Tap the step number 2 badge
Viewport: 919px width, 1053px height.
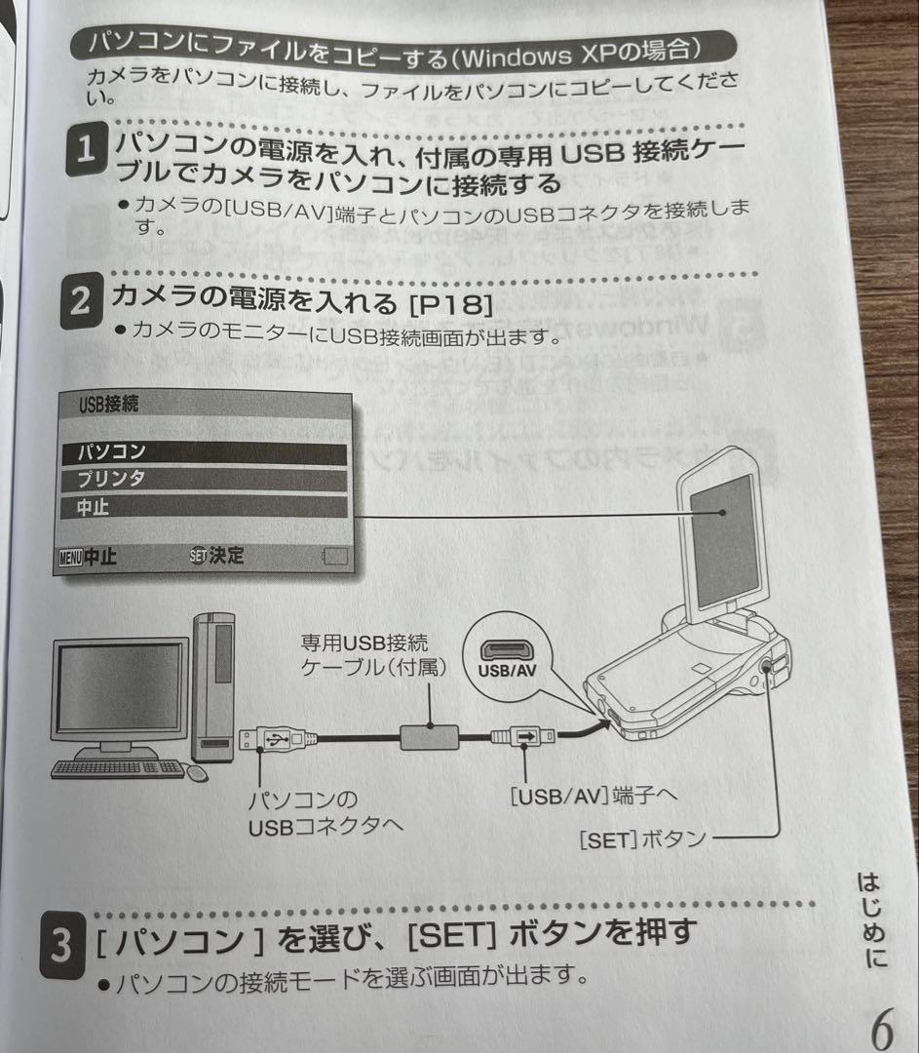tap(80, 303)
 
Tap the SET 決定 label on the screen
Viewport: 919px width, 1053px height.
tap(219, 557)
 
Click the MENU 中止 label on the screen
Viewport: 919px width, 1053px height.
tap(89, 558)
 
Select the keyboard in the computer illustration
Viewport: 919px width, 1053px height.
tap(118, 768)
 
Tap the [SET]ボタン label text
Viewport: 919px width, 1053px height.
tap(642, 838)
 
